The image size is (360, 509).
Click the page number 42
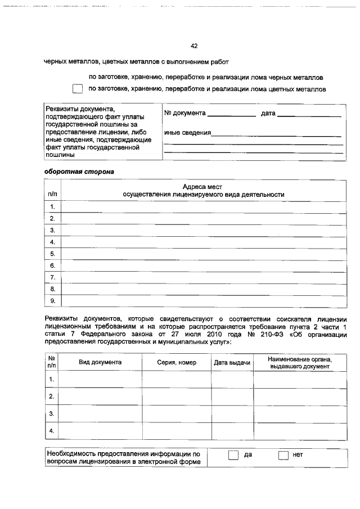[194, 46]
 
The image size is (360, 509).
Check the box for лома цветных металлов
[77, 89]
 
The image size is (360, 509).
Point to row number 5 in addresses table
[52, 254]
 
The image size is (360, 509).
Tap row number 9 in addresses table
[52, 301]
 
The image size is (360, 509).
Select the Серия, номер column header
[177, 363]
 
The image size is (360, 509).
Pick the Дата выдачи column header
[232, 363]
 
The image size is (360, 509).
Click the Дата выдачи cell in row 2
[232, 397]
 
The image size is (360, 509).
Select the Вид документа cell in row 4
[100, 431]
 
